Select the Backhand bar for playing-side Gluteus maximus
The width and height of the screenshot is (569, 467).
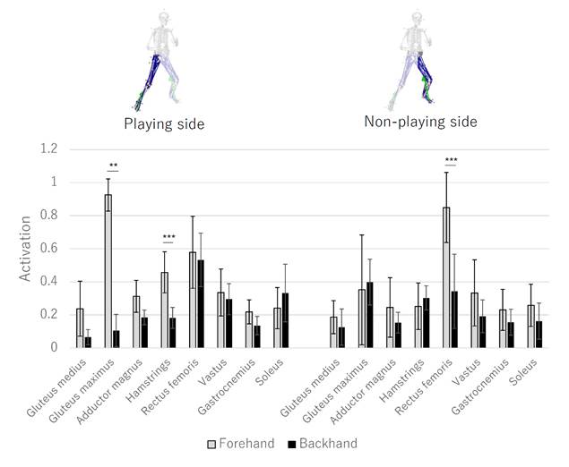pos(116,339)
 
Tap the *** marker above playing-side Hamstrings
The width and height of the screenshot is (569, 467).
pos(169,238)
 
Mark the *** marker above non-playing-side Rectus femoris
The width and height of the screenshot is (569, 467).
pos(450,160)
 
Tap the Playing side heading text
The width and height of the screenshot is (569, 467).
pos(164,123)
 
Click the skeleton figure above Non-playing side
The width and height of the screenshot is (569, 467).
pos(414,58)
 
